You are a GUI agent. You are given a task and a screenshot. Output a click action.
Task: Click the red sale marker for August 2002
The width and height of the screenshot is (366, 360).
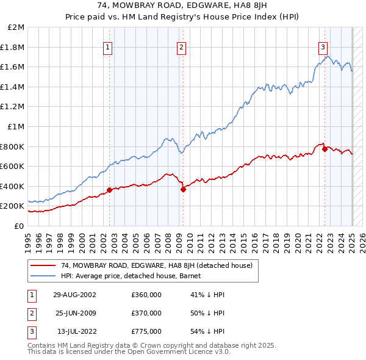(110, 190)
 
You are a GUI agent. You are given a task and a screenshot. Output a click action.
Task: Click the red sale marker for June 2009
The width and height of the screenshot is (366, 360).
(183, 189)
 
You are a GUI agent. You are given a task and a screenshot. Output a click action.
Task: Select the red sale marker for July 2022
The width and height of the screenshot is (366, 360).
(325, 149)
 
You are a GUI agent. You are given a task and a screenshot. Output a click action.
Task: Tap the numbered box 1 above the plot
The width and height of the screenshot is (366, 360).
(108, 47)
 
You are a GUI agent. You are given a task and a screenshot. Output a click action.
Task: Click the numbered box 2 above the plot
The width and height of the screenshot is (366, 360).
(182, 47)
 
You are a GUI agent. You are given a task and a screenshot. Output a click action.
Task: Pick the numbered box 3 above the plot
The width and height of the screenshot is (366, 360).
(323, 47)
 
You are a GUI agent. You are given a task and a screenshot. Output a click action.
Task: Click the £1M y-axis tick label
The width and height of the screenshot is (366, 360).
(16, 126)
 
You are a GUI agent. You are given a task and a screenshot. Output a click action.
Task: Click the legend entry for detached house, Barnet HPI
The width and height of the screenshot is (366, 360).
(135, 276)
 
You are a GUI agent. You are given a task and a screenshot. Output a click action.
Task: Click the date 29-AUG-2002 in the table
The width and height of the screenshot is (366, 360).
(74, 295)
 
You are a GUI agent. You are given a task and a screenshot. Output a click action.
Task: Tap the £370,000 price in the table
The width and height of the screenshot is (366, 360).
(146, 313)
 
